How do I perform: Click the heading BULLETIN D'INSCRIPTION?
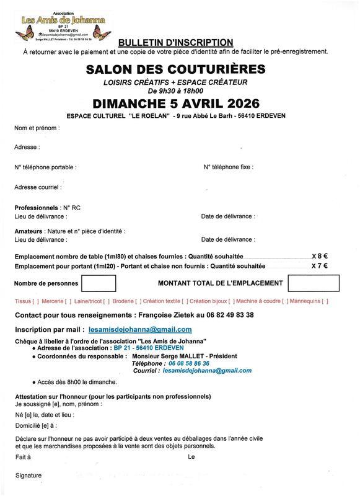(x=175, y=42)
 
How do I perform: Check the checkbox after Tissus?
(x=34, y=301)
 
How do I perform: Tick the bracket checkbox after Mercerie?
(x=68, y=301)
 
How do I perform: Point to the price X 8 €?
(x=320, y=255)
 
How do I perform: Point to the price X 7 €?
(x=320, y=265)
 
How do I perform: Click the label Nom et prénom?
(x=37, y=128)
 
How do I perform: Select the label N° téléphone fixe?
(x=228, y=167)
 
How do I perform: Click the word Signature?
(x=28, y=476)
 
